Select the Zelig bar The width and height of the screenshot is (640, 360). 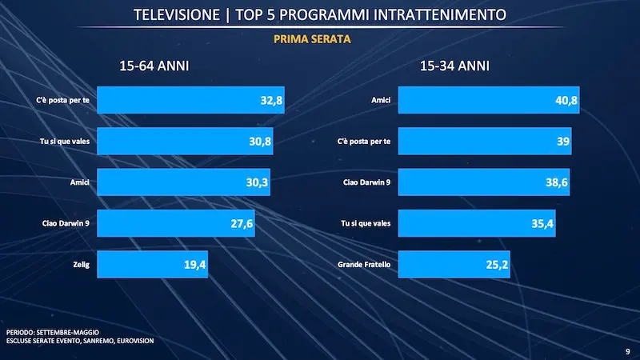pos(152,263)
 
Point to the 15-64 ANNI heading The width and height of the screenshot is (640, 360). pos(154,66)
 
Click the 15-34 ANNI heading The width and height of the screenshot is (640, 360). pos(455,66)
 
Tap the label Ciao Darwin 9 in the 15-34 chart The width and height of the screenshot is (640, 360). pos(368,182)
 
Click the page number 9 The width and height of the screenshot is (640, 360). pos(626,350)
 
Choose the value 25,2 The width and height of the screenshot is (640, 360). pos(497,263)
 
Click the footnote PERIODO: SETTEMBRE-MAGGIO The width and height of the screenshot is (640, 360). pos(51,331)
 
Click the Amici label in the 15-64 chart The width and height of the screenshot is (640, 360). pos(78,182)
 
